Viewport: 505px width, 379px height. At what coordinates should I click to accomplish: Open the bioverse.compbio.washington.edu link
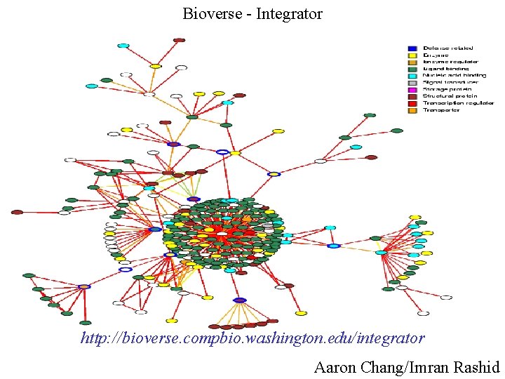click(x=252, y=338)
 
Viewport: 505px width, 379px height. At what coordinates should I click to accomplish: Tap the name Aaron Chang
click(x=357, y=366)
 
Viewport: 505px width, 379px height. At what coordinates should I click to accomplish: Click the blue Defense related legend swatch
click(x=412, y=48)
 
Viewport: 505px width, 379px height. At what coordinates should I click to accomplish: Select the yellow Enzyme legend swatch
click(x=412, y=55)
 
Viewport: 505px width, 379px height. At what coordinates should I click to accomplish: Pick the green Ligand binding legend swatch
click(x=412, y=69)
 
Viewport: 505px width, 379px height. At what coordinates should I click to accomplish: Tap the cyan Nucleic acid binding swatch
click(x=412, y=76)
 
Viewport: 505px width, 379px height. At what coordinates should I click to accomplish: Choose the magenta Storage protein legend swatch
click(x=412, y=89)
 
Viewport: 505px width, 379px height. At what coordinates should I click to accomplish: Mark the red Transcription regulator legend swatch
click(x=412, y=103)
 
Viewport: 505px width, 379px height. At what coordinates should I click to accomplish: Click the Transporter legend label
click(x=440, y=110)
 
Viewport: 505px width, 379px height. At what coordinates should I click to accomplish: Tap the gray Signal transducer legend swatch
click(x=412, y=82)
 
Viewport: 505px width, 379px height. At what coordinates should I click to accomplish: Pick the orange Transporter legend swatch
click(x=412, y=110)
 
